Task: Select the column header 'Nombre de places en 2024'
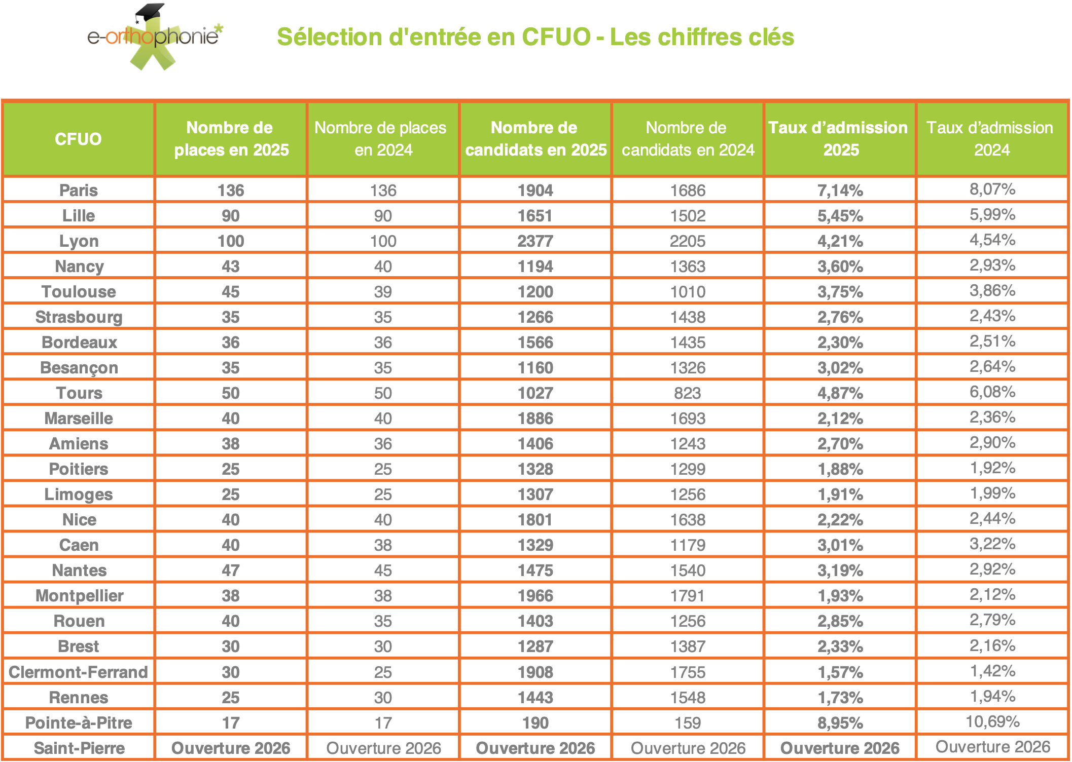tap(383, 139)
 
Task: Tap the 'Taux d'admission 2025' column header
tap(840, 139)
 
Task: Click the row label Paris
tap(79, 190)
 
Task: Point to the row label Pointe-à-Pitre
tap(79, 722)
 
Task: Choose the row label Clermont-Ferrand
tap(79, 672)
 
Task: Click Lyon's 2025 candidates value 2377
tap(535, 241)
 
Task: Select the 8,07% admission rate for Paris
tap(992, 189)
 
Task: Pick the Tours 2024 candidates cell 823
tap(687, 393)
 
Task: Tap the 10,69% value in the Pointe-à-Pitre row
tap(992, 721)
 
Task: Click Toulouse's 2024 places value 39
tap(383, 292)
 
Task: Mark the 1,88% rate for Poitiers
tap(840, 469)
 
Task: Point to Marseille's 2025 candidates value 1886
tap(535, 418)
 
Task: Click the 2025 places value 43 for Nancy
tap(231, 266)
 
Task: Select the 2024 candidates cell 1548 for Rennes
tap(687, 697)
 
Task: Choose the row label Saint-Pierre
tap(79, 748)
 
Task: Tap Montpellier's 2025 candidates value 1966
tap(535, 596)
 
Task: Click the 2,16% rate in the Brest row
tap(992, 645)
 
